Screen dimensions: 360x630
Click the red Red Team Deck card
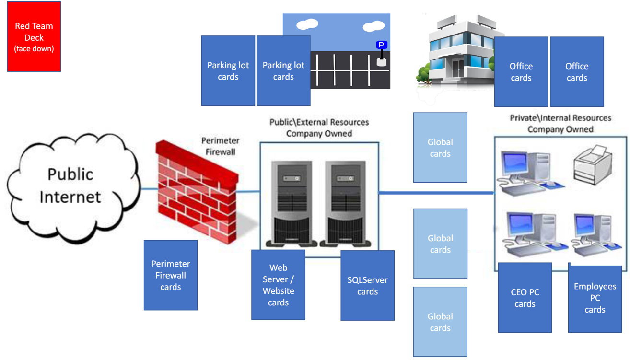click(x=34, y=37)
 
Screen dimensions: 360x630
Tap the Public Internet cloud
click(x=70, y=186)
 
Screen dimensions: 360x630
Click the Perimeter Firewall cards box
click(x=171, y=275)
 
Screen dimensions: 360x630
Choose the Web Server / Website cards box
click(x=278, y=285)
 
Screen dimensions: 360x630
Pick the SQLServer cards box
click(x=367, y=285)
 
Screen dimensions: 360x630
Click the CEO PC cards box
click(x=525, y=298)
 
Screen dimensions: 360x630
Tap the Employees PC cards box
click(x=595, y=298)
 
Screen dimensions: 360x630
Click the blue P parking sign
click(x=382, y=46)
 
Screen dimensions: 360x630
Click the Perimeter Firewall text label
click(x=220, y=146)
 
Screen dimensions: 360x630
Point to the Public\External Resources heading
click(x=319, y=128)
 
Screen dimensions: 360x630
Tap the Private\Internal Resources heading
click(x=560, y=123)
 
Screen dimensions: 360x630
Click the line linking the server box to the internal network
click(x=436, y=193)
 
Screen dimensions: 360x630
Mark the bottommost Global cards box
click(x=440, y=322)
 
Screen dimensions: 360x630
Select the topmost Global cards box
click(x=440, y=148)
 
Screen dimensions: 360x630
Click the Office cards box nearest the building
click(x=521, y=72)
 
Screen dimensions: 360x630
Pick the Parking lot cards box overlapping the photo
click(x=283, y=71)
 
